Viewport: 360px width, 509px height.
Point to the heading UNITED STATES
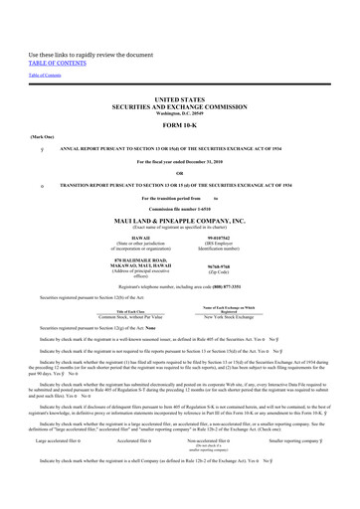[x=179, y=100]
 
